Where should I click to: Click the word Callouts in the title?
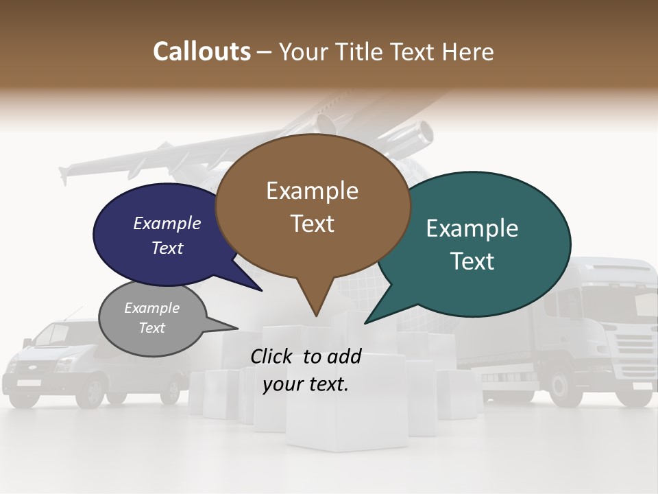click(x=202, y=51)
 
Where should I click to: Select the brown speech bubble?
click(x=313, y=206)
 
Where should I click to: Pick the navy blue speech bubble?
click(x=158, y=233)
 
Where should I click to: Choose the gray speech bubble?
click(x=152, y=318)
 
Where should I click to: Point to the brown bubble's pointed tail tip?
click(x=316, y=316)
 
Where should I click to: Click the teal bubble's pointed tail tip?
click(x=365, y=323)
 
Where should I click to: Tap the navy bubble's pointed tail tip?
click(x=263, y=291)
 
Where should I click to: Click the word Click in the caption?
click(x=273, y=356)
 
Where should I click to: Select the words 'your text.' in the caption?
click(x=306, y=384)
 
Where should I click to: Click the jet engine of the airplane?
click(x=418, y=134)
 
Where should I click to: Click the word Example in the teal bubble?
click(x=472, y=228)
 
